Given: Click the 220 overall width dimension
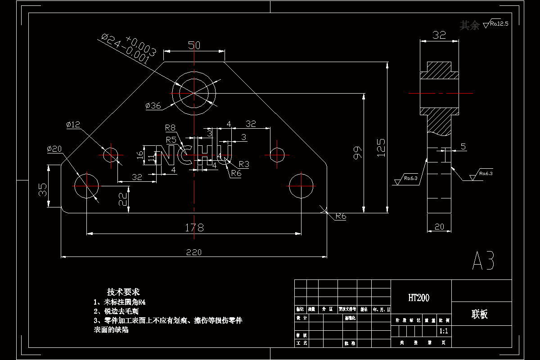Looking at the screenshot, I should (x=194, y=252).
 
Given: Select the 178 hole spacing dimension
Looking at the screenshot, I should (x=194, y=227).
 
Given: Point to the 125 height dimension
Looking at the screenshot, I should (x=381, y=147).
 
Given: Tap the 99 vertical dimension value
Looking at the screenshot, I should (x=357, y=153).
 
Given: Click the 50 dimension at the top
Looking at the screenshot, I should (x=194, y=45).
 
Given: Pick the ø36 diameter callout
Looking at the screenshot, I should (x=153, y=106).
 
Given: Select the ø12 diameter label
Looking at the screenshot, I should (x=73, y=125).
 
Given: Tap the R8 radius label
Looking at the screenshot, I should (x=170, y=127).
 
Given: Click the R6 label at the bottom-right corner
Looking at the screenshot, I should (x=341, y=216).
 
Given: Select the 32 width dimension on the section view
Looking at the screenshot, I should (x=439, y=35).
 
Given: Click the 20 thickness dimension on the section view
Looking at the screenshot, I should (x=439, y=227).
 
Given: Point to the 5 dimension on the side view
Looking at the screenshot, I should (x=463, y=147).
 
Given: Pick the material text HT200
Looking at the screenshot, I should (x=419, y=297).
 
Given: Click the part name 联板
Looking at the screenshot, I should (x=480, y=314).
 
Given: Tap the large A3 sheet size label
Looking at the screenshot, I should (x=483, y=261).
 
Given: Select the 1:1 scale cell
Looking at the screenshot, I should (x=443, y=331).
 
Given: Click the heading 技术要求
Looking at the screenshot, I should (x=123, y=292).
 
